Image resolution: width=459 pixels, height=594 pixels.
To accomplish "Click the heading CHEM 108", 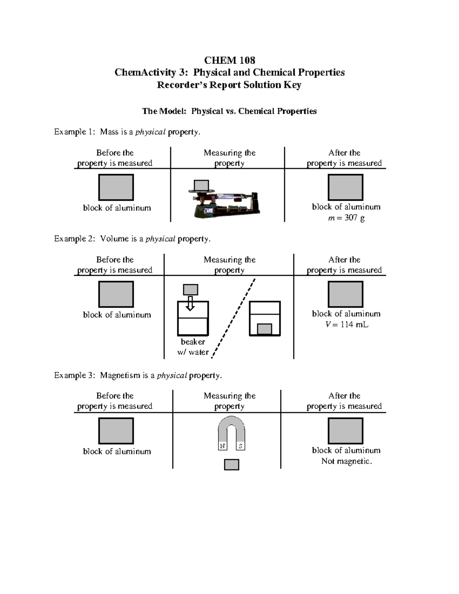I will [229, 60].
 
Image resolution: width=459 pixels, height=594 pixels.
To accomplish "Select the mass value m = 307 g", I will [346, 218].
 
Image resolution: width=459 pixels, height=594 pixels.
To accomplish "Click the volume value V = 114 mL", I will [347, 325].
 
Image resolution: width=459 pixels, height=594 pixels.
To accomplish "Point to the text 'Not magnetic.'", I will [347, 461].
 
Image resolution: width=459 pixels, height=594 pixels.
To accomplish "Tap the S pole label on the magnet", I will [241, 446].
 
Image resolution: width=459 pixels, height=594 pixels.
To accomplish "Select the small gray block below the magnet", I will [231, 465].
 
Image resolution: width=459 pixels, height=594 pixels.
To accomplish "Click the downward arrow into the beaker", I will [190, 303].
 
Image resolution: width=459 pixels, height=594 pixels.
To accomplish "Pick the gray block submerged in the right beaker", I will [265, 329].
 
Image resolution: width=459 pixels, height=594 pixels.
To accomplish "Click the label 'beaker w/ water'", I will [193, 347].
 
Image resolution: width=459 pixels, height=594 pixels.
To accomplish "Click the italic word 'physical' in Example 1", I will [150, 132].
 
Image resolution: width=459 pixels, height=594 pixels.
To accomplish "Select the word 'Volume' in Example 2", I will [114, 239].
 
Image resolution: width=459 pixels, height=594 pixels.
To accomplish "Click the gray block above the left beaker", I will [190, 290].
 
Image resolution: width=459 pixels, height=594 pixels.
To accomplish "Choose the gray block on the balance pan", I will [201, 185].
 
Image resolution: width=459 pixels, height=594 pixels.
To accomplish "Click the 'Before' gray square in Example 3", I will [116, 431].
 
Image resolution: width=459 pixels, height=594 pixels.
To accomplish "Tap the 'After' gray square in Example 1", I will [345, 187].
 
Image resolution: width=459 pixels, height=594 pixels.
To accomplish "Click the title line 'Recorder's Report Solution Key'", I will [229, 85].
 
